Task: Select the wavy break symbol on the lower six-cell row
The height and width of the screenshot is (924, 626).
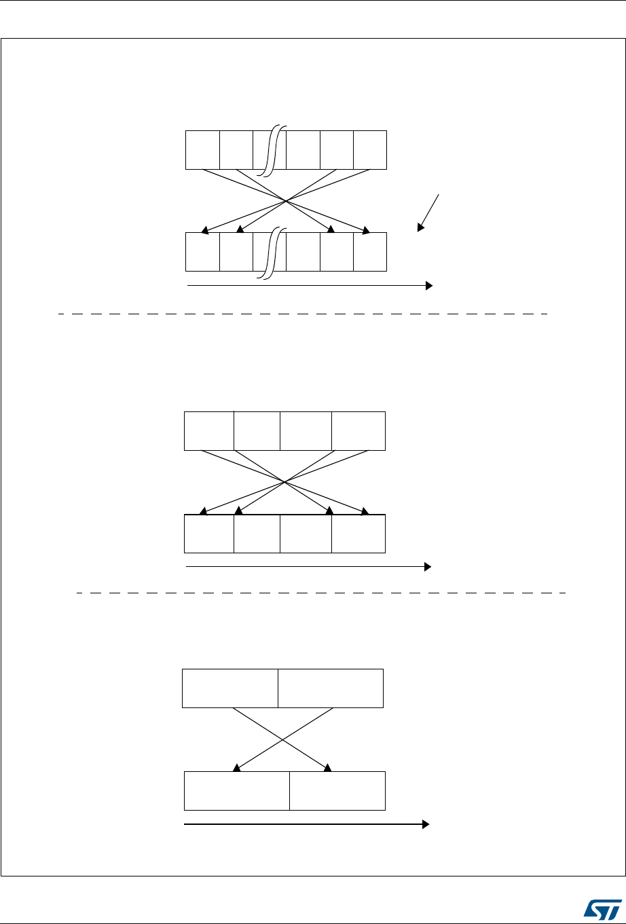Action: [x=270, y=253]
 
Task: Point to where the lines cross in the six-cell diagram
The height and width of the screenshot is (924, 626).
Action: [x=286, y=201]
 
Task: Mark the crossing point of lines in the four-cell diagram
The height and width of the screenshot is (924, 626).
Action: [x=284, y=482]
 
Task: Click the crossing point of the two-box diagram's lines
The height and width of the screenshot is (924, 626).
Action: [x=283, y=739]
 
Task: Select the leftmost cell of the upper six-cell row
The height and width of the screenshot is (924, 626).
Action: [x=202, y=149]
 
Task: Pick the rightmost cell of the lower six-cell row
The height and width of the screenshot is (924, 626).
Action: [x=370, y=252]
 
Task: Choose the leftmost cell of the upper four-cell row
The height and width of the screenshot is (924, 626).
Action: [x=208, y=430]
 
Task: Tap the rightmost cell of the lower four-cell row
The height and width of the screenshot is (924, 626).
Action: [x=358, y=534]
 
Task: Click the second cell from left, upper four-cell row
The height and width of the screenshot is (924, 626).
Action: [x=257, y=430]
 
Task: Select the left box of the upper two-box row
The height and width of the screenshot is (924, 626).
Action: [x=230, y=688]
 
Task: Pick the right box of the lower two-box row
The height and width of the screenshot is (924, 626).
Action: [x=337, y=790]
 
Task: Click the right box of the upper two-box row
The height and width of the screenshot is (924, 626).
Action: [x=331, y=688]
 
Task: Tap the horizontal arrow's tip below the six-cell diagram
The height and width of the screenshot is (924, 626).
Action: [x=430, y=286]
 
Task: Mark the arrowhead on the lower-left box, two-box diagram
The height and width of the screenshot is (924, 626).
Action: [x=236, y=769]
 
